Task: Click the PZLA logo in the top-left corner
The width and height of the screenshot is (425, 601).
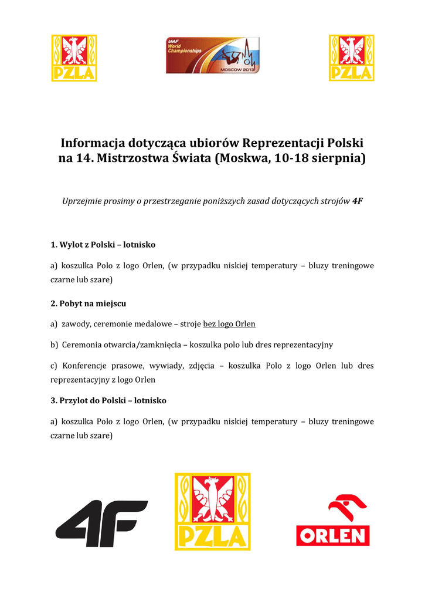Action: pyautogui.click(x=74, y=58)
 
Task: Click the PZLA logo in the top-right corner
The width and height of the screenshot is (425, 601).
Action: pyautogui.click(x=351, y=58)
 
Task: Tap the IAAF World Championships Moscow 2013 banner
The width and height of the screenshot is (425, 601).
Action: pyautogui.click(x=212, y=55)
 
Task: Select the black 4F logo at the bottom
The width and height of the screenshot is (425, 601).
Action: pyautogui.click(x=101, y=524)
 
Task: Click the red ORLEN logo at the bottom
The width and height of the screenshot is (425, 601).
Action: pyautogui.click(x=332, y=520)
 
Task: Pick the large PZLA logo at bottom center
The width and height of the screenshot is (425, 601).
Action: pyautogui.click(x=212, y=512)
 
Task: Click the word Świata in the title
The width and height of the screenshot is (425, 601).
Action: pyautogui.click(x=191, y=158)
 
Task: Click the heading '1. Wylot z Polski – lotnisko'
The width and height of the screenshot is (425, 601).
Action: pyautogui.click(x=103, y=244)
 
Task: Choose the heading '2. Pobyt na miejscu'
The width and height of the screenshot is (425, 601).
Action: pyautogui.click(x=88, y=304)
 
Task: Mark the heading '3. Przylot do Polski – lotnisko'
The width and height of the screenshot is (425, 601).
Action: pyautogui.click(x=108, y=400)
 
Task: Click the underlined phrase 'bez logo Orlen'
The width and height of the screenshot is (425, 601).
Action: pyautogui.click(x=229, y=324)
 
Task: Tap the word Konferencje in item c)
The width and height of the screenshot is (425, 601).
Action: pyautogui.click(x=86, y=366)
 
